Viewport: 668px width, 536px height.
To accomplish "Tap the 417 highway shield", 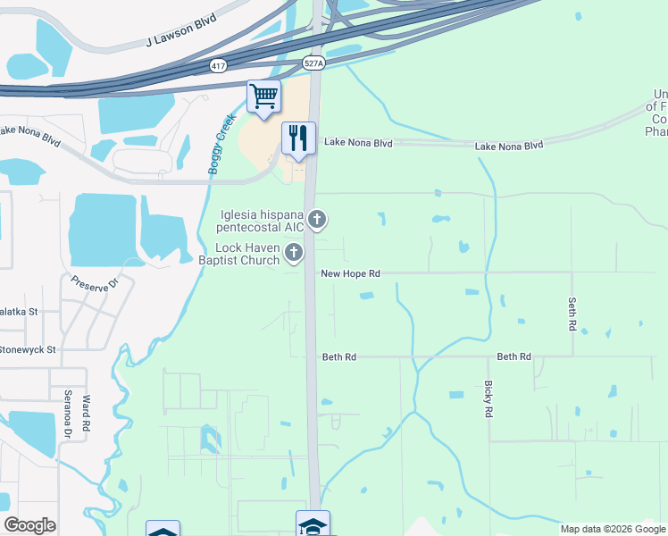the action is (219, 66).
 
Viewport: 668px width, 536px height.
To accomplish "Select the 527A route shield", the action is (313, 63).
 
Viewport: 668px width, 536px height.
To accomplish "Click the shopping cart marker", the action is (263, 96).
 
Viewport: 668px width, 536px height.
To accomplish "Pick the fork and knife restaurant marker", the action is (298, 138).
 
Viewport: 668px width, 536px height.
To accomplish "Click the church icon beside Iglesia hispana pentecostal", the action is (316, 219).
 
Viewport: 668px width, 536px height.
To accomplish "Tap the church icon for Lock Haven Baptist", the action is (293, 255).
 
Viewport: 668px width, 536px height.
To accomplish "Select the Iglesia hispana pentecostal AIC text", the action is (263, 221).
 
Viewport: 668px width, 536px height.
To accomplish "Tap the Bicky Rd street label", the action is (488, 399).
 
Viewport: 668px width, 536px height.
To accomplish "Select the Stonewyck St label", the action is (28, 349).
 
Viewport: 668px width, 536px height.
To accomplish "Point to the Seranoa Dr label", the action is (67, 414).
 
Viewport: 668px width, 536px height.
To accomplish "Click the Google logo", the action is (29, 525).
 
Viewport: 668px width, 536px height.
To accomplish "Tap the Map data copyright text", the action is (614, 529).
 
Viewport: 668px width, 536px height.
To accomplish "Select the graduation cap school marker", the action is (313, 525).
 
